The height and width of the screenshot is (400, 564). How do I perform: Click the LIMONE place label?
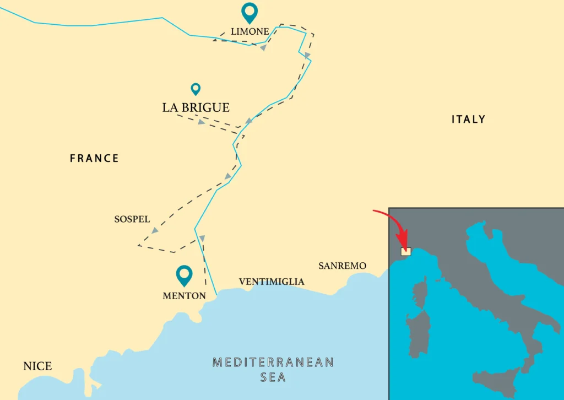click(250, 32)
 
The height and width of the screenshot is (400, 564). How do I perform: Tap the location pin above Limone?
click(250, 12)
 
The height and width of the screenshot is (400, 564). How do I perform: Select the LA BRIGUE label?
click(196, 107)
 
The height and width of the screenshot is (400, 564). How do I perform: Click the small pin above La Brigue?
click(196, 88)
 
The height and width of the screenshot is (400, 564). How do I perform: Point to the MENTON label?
click(184, 296)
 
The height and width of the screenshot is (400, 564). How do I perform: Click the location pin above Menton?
click(184, 275)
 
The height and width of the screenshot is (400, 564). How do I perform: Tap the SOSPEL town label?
click(132, 219)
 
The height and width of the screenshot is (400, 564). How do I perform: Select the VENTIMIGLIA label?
click(271, 282)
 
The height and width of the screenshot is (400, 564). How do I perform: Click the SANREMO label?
click(342, 266)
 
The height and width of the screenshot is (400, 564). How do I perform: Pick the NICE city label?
click(37, 366)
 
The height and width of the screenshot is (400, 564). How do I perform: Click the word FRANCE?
click(94, 159)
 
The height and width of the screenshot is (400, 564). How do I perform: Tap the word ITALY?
click(468, 120)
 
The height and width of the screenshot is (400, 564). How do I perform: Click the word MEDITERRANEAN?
click(273, 363)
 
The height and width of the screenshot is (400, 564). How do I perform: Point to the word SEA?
click(273, 377)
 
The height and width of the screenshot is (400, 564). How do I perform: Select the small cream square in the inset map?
click(406, 251)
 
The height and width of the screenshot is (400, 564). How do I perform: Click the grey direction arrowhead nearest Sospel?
click(155, 230)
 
